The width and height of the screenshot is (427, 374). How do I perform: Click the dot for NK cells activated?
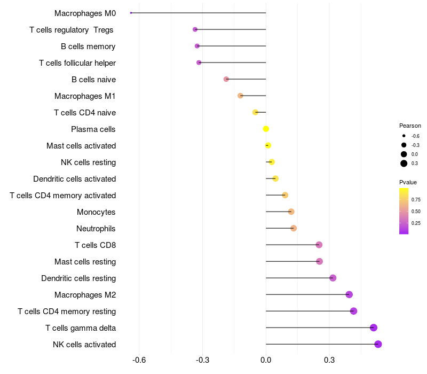pos(378,344)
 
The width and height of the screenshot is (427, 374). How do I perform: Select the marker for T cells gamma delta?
pos(374,328)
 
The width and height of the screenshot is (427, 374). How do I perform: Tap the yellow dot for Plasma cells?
pos(266,129)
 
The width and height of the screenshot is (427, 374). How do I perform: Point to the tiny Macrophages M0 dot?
pos(131,13)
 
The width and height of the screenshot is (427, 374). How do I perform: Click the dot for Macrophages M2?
pos(349,294)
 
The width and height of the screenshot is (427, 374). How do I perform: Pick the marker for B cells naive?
pos(226,79)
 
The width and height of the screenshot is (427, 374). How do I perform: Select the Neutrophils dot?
pos(294,228)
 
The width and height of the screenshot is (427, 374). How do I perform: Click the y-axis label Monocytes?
pos(96,212)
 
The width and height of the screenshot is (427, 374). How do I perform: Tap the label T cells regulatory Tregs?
pos(72,30)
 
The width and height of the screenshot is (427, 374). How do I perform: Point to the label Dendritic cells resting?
pos(78,278)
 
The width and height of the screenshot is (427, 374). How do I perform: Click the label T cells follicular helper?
pos(77,63)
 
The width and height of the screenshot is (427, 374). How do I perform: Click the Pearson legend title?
pos(410,126)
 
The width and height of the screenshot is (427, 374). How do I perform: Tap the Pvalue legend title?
pos(408,182)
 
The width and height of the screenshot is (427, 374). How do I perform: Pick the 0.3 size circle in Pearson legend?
pos(404,163)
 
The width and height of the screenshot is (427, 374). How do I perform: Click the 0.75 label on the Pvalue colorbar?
pos(416,200)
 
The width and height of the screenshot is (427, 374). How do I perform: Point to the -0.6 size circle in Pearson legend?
pos(404,136)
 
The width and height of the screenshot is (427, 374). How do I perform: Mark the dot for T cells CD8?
pos(319,245)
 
